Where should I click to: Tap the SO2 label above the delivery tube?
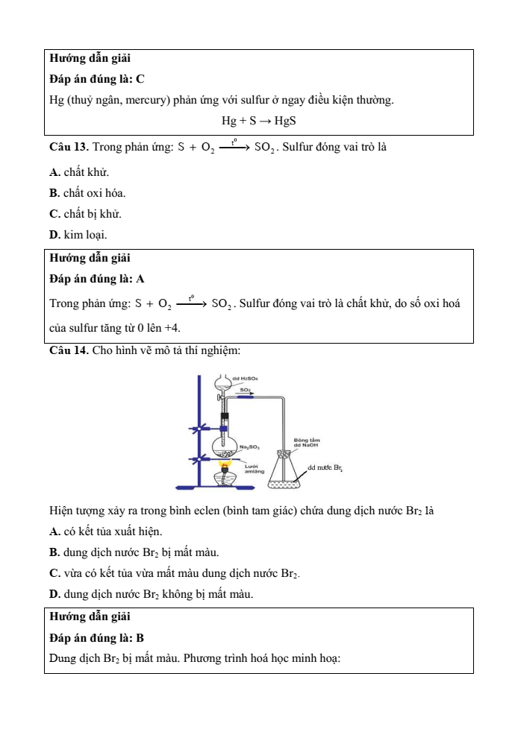coord(245,389)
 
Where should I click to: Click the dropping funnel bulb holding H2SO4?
coord(224,384)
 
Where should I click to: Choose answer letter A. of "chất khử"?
coord(54,173)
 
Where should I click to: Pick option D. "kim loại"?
coord(54,235)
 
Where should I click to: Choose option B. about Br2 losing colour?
coord(54,552)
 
